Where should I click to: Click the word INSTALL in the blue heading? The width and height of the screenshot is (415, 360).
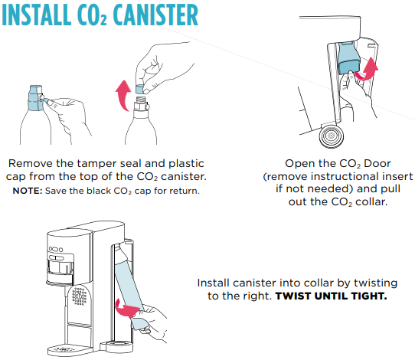(36, 15)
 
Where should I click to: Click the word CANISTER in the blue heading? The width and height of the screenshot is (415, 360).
(155, 15)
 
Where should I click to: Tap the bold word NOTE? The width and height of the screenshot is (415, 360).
(28, 191)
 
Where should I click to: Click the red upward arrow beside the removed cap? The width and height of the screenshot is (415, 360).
(123, 96)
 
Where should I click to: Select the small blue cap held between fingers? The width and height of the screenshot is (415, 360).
(140, 89)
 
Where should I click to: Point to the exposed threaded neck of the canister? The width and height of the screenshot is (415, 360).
(140, 100)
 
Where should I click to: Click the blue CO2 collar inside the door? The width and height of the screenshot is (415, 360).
(349, 58)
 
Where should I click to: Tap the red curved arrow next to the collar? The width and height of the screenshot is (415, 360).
(368, 71)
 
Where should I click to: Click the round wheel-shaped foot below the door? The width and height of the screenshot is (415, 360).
(332, 136)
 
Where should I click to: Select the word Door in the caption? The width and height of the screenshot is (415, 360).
(377, 164)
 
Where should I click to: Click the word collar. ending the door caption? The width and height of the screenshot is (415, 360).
(371, 202)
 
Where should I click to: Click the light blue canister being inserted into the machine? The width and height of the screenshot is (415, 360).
(131, 291)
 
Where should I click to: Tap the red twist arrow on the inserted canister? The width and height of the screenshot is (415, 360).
(126, 309)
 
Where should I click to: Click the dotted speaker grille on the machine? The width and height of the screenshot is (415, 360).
(79, 296)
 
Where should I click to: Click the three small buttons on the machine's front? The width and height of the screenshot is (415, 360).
(56, 249)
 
